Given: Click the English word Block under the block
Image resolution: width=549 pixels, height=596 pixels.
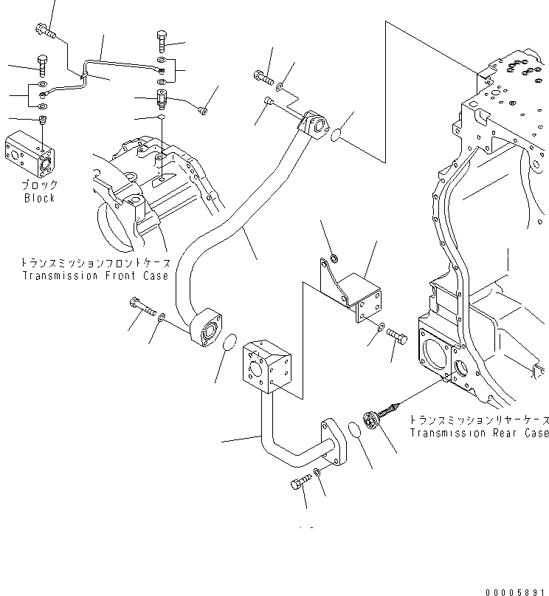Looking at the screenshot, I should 39,198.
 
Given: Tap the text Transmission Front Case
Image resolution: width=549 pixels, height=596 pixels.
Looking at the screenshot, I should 95,275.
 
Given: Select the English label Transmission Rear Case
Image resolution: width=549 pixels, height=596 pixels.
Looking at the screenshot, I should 478,433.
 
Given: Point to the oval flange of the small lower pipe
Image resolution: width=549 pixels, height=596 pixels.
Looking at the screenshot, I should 334,442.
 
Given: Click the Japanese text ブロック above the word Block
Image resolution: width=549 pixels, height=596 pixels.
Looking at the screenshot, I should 39,185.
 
